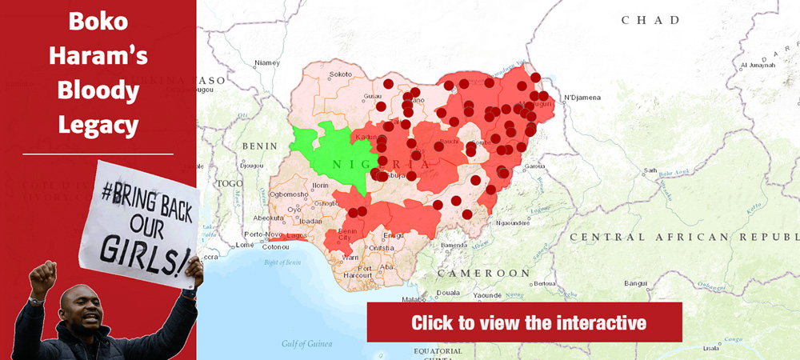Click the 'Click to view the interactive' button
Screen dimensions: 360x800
[x=524, y=323]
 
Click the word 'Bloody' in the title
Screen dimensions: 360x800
[x=98, y=90]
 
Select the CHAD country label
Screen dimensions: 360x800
[x=650, y=20]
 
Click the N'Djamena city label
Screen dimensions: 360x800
[x=582, y=98]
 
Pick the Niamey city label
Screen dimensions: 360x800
[x=266, y=62]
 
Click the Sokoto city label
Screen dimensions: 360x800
[x=341, y=74]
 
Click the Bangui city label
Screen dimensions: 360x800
[x=636, y=283]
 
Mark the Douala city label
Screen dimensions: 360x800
[x=449, y=293]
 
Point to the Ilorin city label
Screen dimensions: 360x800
[x=321, y=185]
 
